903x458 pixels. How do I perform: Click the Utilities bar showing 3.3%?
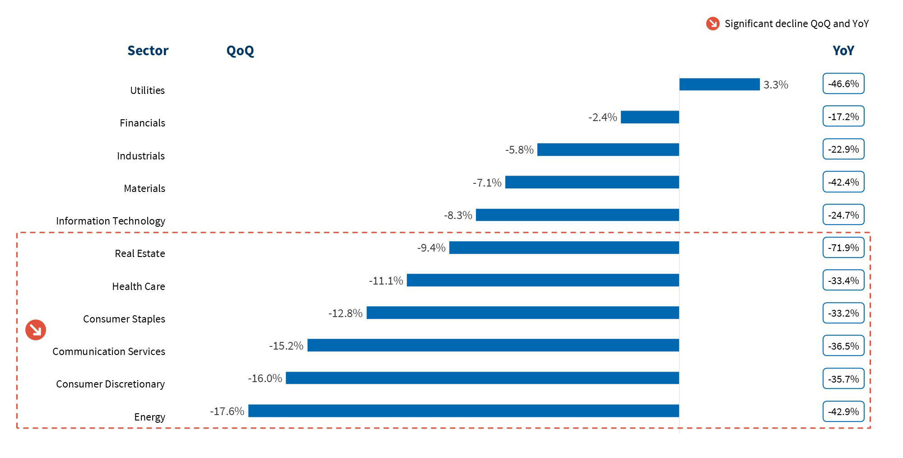click(719, 84)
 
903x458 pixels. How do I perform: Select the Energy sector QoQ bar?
click(463, 411)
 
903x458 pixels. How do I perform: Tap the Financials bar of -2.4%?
click(650, 117)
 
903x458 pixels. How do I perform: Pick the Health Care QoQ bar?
click(543, 280)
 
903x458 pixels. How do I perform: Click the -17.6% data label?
click(227, 411)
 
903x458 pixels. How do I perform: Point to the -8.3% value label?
click(458, 215)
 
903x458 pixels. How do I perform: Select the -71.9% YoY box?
click(843, 248)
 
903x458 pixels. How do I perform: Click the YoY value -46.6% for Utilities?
click(843, 84)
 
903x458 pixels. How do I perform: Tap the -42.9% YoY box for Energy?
click(843, 411)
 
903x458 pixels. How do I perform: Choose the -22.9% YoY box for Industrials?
click(843, 149)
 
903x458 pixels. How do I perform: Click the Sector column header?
click(148, 51)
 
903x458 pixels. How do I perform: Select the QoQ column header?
click(240, 51)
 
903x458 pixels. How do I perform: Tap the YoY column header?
click(843, 51)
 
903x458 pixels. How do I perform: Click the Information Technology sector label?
click(111, 221)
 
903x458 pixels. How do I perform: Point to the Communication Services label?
click(109, 351)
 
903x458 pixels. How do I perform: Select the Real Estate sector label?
click(140, 253)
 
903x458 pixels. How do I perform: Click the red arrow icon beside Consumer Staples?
click(36, 330)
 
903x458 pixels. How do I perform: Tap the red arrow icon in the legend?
click(712, 23)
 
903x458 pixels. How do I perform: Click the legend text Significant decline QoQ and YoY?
click(796, 23)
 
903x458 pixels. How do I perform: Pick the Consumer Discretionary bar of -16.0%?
click(482, 378)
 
